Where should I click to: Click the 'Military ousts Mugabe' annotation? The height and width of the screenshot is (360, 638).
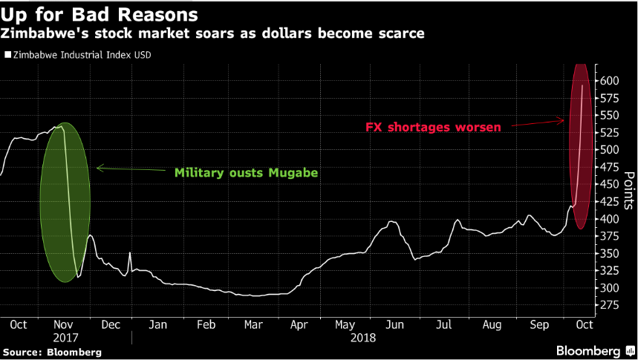[x=246, y=173]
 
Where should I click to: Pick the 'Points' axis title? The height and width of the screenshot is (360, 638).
[x=628, y=191]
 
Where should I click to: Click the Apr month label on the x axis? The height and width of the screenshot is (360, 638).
[x=299, y=324]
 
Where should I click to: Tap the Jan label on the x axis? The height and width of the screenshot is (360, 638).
[x=157, y=324]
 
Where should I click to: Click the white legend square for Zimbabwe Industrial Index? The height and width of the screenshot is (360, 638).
[x=7, y=54]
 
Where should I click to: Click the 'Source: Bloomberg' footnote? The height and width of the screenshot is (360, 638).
[x=52, y=351]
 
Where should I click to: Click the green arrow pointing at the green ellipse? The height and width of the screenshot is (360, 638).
[x=129, y=169]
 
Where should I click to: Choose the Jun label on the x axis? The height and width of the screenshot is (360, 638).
[x=394, y=324]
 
